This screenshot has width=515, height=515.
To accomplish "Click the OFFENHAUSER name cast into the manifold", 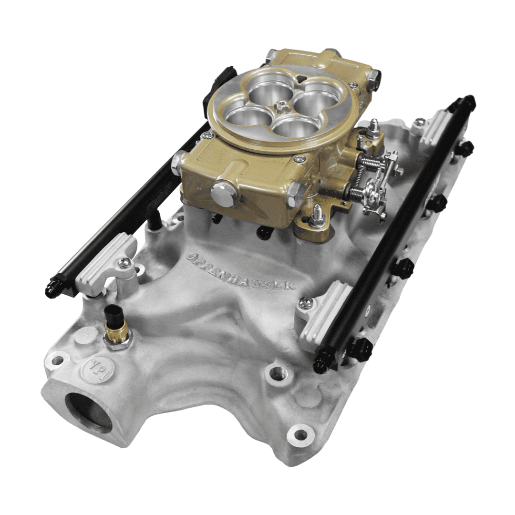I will [x=241, y=271].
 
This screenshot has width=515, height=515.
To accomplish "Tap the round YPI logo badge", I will [x=91, y=369].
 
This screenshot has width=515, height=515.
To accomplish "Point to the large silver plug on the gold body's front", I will [x=224, y=194].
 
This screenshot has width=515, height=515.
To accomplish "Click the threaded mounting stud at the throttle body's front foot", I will [x=316, y=217].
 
